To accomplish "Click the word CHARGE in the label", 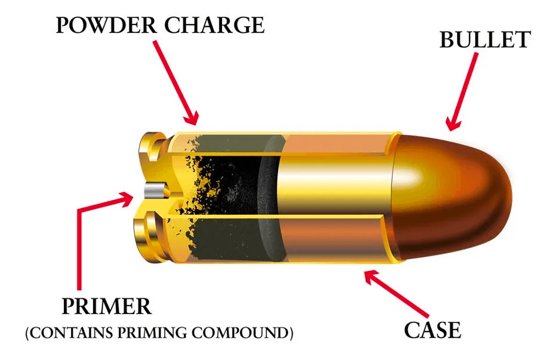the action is tap(214, 25).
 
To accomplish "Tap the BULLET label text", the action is tap(485, 40).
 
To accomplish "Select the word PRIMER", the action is tap(107, 306).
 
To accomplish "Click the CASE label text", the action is tap(433, 330).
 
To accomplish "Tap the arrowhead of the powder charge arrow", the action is tap(191, 118).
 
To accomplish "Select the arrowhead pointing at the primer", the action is tap(125, 198).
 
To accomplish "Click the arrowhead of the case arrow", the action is tap(372, 276).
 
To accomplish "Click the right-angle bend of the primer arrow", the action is tap(79, 211).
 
